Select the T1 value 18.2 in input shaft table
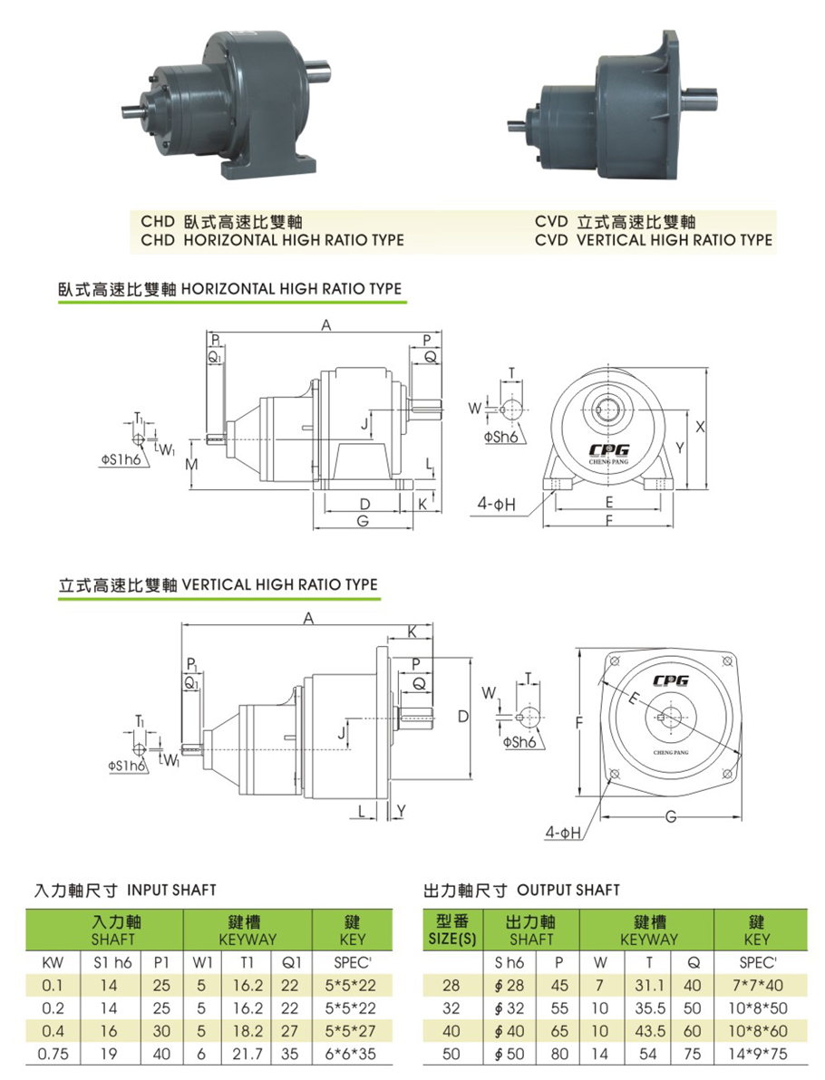point(247,1031)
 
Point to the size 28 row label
point(451,986)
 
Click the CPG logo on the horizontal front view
point(608,449)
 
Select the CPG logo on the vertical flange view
point(670,680)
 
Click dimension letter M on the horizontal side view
point(191,464)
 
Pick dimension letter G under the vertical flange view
point(670,817)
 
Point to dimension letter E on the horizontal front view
point(608,502)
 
